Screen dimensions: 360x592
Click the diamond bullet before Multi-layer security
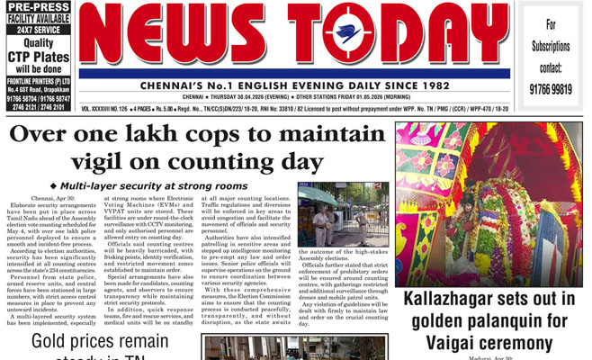(x=65, y=186)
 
